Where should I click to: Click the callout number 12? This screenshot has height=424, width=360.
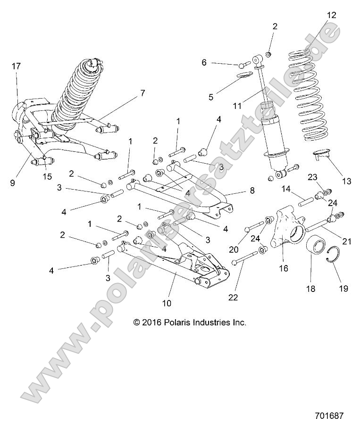coord(332,15)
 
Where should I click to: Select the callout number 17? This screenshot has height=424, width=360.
coord(16,67)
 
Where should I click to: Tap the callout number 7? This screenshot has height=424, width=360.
coord(142,93)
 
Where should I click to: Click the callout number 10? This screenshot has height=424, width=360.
coord(167,302)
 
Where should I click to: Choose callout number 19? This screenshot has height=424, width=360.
coord(343,289)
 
